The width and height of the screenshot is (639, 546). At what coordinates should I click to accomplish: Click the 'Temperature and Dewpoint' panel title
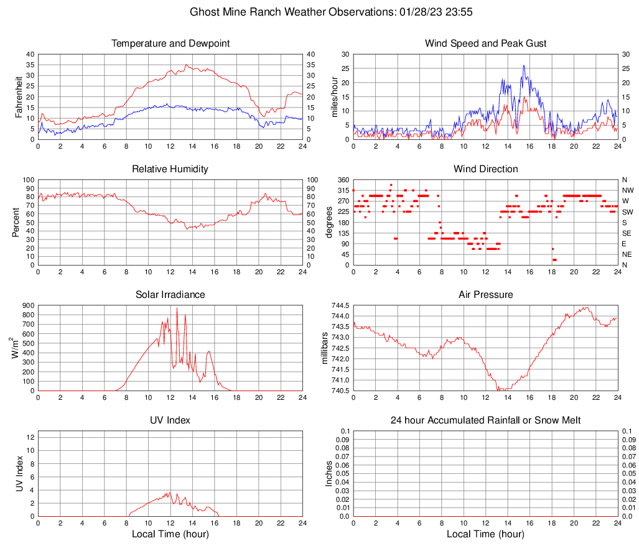pyautogui.click(x=170, y=44)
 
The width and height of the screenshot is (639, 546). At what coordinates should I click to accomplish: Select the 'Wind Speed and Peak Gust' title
pyautogui.click(x=486, y=44)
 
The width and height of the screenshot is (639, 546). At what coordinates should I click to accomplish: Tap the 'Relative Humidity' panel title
pyautogui.click(x=170, y=169)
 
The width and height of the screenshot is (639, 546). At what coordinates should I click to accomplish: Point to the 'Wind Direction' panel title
pyautogui.click(x=486, y=169)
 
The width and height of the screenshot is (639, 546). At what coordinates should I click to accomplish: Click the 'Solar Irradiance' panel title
pyautogui.click(x=170, y=295)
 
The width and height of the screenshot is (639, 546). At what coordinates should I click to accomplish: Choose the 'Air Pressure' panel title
pyautogui.click(x=486, y=295)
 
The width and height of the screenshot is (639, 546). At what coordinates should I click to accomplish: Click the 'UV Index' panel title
pyautogui.click(x=170, y=420)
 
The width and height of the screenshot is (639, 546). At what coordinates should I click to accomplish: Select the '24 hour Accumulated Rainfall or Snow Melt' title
pyautogui.click(x=486, y=420)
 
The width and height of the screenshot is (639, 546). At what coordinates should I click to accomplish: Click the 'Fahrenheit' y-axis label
pyautogui.click(x=19, y=96)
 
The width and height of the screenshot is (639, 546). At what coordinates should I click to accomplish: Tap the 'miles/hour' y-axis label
pyautogui.click(x=335, y=96)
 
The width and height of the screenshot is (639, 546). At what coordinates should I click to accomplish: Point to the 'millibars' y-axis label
pyautogui.click(x=324, y=348)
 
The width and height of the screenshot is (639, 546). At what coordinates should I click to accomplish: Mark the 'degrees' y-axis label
pyautogui.click(x=329, y=223)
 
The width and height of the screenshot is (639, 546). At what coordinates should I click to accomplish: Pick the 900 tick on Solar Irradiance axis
pyautogui.click(x=27, y=305)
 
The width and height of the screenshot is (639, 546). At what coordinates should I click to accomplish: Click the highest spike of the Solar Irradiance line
pyautogui.click(x=177, y=308)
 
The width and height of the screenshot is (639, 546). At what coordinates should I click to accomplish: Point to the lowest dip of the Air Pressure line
pyautogui.click(x=498, y=390)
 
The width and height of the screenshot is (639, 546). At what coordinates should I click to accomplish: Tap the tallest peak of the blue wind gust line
pyautogui.click(x=524, y=66)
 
